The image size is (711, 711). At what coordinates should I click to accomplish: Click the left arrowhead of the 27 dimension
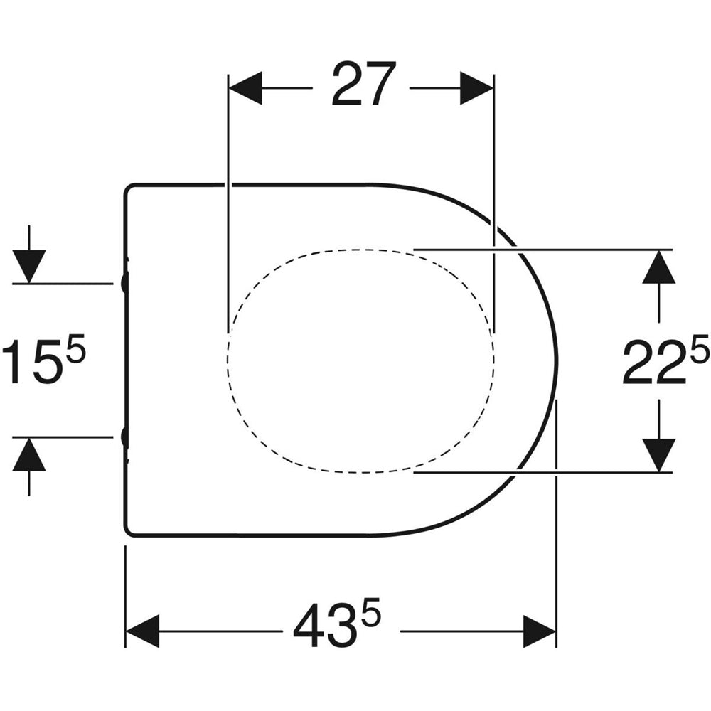tap(245, 88)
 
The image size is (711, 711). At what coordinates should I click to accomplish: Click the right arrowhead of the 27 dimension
tap(476, 88)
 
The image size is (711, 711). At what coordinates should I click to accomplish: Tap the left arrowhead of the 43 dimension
tap(142, 631)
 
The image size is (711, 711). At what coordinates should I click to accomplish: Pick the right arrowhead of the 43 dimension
tap(540, 631)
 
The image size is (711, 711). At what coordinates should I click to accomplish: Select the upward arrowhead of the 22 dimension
tap(659, 267)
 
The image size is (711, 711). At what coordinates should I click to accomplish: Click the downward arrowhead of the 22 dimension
tap(659, 455)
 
